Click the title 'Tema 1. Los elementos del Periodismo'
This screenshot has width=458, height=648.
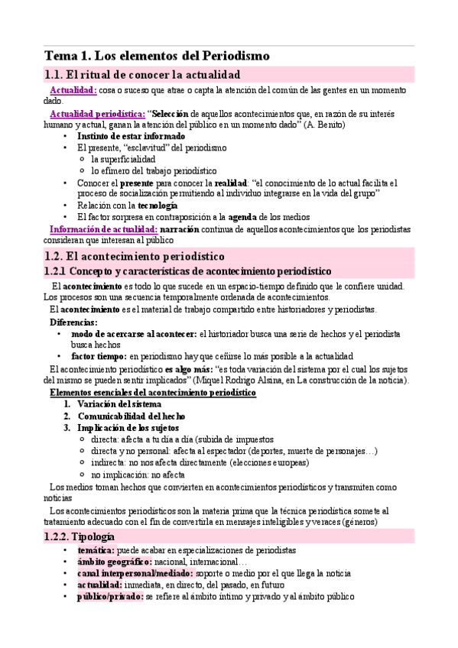[156, 56]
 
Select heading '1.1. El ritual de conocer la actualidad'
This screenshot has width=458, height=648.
[142, 75]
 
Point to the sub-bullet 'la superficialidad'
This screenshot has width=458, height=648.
[128, 159]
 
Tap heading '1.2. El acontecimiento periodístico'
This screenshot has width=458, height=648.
[135, 257]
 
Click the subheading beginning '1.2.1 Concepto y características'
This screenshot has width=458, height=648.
[188, 271]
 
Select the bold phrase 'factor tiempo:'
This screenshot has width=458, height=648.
[99, 356]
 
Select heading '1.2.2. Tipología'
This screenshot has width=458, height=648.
[80, 536]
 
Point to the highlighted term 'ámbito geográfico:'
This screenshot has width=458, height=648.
[109, 562]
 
